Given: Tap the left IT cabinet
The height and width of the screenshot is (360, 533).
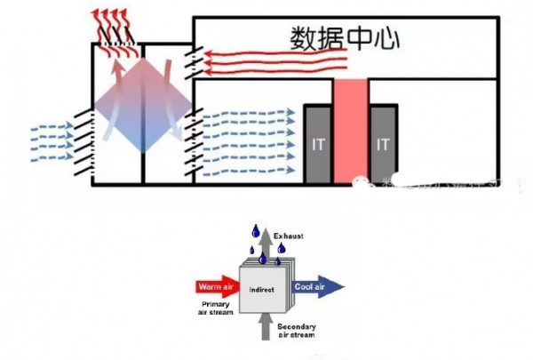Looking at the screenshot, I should coord(318,141).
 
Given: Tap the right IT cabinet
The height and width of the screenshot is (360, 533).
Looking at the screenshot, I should coord(383,141).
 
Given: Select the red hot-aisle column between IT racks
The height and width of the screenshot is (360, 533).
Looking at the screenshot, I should coord(350,129).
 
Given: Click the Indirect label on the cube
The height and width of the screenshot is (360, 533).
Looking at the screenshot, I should coord(261,291).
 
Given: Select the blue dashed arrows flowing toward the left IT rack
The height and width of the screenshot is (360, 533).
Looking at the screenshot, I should coord(249,141).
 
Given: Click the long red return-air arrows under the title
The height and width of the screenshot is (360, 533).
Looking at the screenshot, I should coord(266,61).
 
